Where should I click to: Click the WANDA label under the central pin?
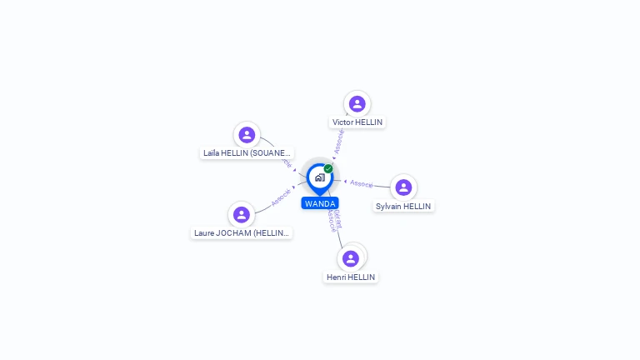click(x=320, y=203)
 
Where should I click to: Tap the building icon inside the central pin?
click(x=319, y=177)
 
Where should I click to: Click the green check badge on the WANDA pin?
click(x=328, y=168)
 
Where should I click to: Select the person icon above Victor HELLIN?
click(x=357, y=103)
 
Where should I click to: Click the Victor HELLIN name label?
click(x=357, y=122)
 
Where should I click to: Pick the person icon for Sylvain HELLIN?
click(x=403, y=187)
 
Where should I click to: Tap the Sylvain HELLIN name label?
click(x=403, y=206)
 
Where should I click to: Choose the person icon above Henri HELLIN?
click(x=351, y=258)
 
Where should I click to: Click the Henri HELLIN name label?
click(x=351, y=277)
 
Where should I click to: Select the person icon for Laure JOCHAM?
click(x=242, y=215)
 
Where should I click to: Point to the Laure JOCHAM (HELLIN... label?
click(x=242, y=233)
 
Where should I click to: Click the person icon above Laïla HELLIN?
click(x=247, y=134)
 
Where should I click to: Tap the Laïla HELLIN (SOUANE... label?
click(x=247, y=152)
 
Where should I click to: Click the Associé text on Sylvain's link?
click(x=362, y=182)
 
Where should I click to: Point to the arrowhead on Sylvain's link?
click(x=345, y=181)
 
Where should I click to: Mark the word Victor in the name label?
click(x=342, y=122)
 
